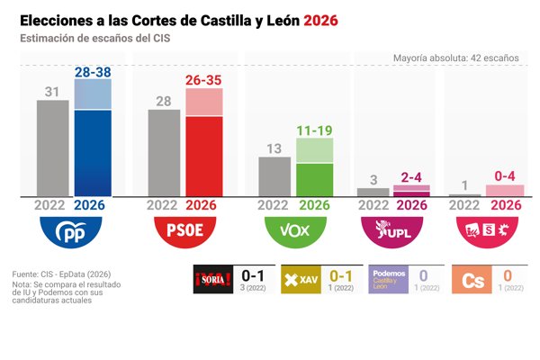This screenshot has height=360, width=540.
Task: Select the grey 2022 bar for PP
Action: [53, 148]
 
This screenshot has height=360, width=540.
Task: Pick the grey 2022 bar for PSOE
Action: [164, 152]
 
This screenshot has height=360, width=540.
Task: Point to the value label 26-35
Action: [204, 81]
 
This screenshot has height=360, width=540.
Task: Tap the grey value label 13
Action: [274, 148]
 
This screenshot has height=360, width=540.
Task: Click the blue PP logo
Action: [73, 232]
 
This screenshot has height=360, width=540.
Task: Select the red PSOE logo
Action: [184, 232]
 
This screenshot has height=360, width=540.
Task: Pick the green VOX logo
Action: [295, 232]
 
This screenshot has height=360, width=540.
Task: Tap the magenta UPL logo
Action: [392, 232]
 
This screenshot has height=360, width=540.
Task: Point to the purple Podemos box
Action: [389, 280]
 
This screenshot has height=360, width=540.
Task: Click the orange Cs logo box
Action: [472, 280]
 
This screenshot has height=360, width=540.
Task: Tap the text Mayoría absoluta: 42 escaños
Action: [455, 58]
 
